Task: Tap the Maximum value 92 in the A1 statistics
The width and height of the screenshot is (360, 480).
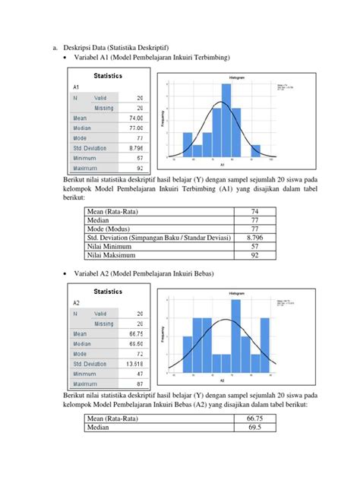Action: [x=139, y=168]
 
